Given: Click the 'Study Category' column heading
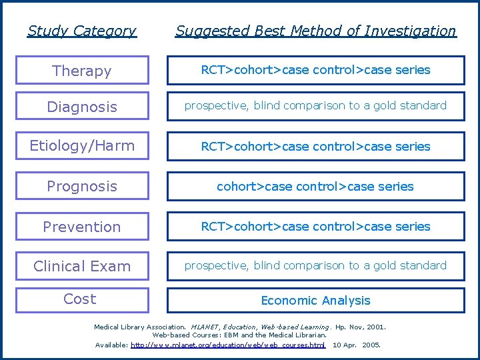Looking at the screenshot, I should (82, 31).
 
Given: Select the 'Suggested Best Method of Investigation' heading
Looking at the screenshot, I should (315, 31).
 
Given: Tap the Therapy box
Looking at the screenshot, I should (82, 71).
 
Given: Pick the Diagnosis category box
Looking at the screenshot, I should (82, 107).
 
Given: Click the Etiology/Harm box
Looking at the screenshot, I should (82, 145).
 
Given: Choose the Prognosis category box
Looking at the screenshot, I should (82, 186).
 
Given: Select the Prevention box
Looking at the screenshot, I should (82, 227).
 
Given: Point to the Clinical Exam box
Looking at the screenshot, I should (82, 266).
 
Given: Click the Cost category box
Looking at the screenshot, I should (82, 299).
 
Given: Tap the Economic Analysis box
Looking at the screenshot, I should (315, 301).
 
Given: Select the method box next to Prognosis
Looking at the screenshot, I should (315, 187).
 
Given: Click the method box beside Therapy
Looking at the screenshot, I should (315, 70).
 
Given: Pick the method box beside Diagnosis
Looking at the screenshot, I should (315, 106).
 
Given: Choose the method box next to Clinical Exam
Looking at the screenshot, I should (315, 265).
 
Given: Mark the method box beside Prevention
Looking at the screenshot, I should (315, 227).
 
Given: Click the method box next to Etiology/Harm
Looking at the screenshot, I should (315, 147).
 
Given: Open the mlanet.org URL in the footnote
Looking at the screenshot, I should (228, 345).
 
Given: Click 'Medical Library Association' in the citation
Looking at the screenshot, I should (139, 327).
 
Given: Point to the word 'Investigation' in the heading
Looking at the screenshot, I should (413, 31).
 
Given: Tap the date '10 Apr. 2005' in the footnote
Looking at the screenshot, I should (356, 345).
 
